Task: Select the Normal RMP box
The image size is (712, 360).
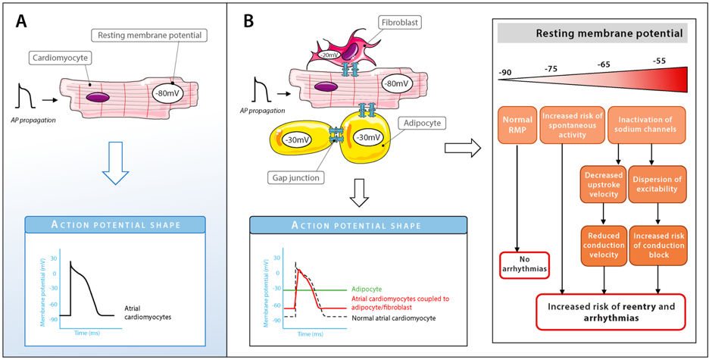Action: coord(517,126)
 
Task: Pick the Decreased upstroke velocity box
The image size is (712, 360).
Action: coord(604,184)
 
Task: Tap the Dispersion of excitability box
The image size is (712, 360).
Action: coord(657,184)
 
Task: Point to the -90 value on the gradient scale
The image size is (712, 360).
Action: coord(506,74)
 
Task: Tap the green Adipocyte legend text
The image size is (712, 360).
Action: coord(367,289)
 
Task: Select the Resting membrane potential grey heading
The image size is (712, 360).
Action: coord(592,33)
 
